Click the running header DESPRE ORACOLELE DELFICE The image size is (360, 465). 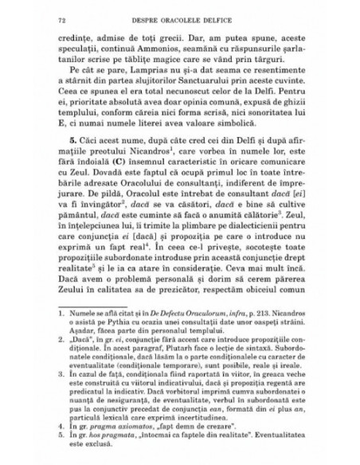pos(179,15)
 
